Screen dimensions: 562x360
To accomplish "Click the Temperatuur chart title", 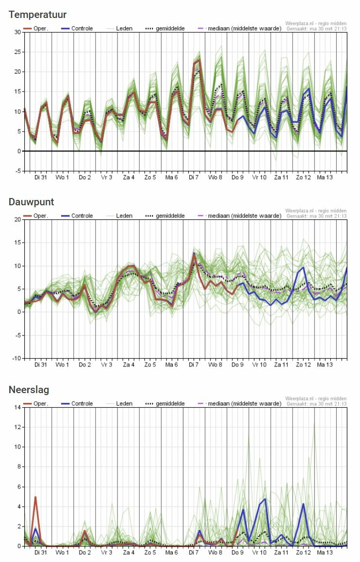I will click(37, 15).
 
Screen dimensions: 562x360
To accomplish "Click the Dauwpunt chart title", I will click(31, 202).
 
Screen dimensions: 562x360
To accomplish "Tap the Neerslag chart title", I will click(29, 390).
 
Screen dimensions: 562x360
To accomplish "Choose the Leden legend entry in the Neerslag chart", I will click(124, 403).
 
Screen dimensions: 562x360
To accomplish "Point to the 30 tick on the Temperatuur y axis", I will click(17, 32).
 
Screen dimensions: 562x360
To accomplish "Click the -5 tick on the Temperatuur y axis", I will click(17, 171).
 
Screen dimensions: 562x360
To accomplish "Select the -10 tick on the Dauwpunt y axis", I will click(16, 358).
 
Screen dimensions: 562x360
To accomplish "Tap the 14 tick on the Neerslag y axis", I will click(17, 407).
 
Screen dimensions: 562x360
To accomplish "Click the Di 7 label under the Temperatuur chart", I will click(195, 178).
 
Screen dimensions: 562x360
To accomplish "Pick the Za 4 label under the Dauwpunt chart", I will click(129, 365).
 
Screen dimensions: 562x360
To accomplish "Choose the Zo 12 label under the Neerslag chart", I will click(303, 553).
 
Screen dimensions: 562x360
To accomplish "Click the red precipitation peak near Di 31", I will click(35, 497).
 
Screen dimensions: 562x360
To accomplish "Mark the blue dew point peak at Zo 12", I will click(304, 267).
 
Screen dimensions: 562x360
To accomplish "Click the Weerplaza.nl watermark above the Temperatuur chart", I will click(316, 23).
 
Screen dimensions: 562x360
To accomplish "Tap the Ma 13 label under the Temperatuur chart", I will click(325, 178).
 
